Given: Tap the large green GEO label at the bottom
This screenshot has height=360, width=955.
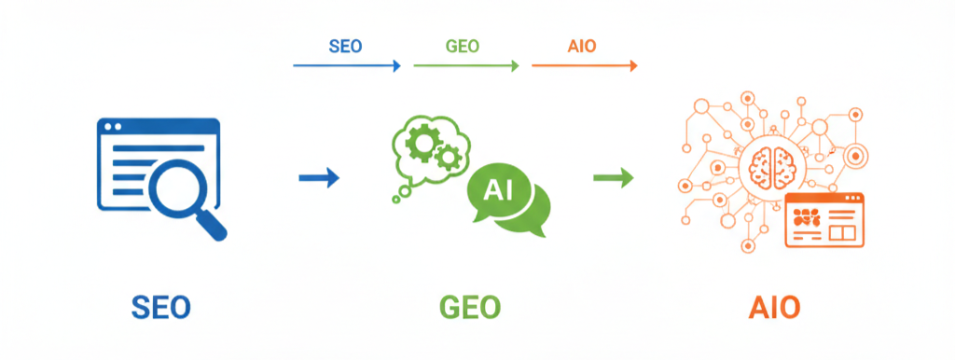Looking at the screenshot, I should (470, 307).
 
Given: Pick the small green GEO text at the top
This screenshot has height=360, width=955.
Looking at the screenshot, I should (464, 47).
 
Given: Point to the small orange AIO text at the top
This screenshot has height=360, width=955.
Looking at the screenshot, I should (584, 47).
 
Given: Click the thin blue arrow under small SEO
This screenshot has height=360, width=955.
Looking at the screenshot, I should (346, 65).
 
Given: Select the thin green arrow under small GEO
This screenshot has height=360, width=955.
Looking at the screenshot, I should (465, 65).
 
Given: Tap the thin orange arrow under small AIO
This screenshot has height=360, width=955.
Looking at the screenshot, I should (585, 65).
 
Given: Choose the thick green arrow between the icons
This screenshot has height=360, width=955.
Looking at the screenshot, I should (614, 177).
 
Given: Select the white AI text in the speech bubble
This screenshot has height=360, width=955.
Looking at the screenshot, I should (499, 190).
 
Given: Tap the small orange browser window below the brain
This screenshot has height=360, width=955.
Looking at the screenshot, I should (824, 220).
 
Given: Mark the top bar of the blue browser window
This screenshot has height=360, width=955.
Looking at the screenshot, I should (159, 126).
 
